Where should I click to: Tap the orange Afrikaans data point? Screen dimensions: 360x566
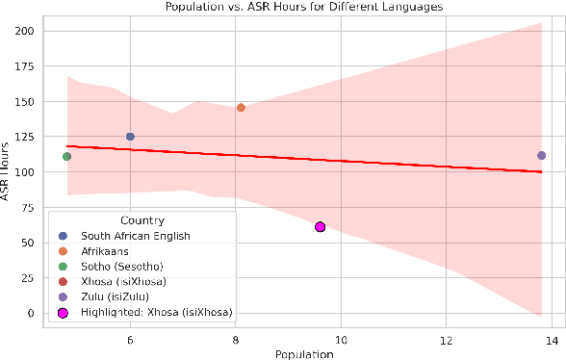pyautogui.click(x=241, y=108)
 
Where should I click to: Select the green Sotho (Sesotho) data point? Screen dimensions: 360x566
pyautogui.click(x=66, y=156)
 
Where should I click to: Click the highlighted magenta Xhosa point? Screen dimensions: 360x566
pyautogui.click(x=321, y=227)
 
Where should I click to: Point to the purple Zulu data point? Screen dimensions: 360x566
pyautogui.click(x=541, y=155)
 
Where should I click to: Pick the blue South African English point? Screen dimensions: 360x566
pyautogui.click(x=130, y=137)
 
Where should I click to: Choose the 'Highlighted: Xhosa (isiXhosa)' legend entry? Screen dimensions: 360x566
pyautogui.click(x=154, y=312)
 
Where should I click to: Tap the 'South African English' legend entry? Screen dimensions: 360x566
pyautogui.click(x=135, y=236)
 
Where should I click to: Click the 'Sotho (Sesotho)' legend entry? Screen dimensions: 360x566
pyautogui.click(x=121, y=266)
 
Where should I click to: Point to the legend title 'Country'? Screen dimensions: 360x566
pyautogui.click(x=141, y=220)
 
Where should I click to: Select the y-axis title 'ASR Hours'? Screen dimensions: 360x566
pyautogui.click(x=7, y=172)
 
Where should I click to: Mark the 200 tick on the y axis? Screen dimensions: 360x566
pyautogui.click(x=25, y=31)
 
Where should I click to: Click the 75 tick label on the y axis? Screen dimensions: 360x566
pyautogui.click(x=28, y=208)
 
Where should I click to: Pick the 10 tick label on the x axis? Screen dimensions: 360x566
pyautogui.click(x=341, y=340)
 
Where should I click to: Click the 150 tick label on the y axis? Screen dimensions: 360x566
pyautogui.click(x=25, y=102)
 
